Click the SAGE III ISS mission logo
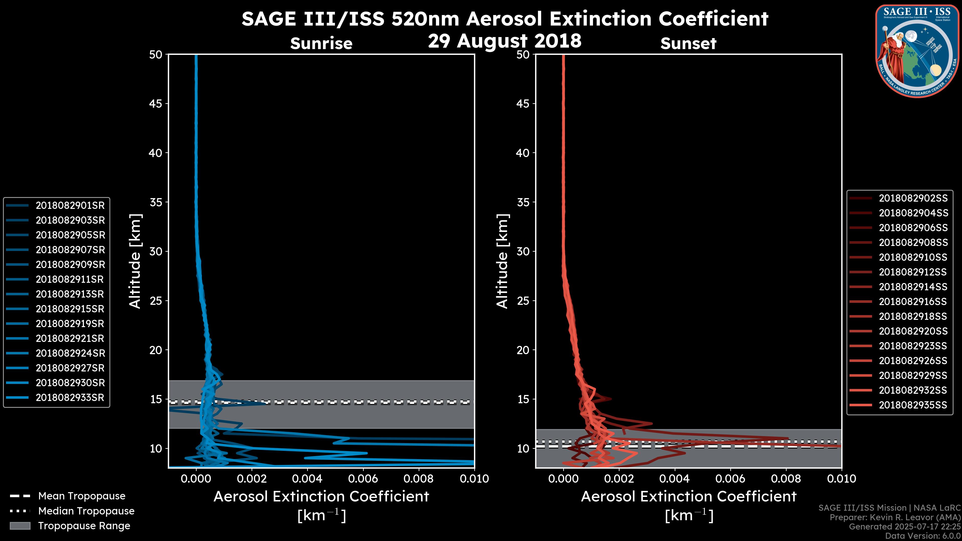click(x=917, y=51)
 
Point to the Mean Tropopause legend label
click(x=82, y=496)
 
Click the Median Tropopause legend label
click(x=86, y=511)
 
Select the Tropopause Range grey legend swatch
click(x=20, y=526)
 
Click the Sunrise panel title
click(x=321, y=43)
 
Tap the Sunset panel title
click(x=688, y=43)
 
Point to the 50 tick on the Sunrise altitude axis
click(x=156, y=55)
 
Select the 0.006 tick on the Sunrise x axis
click(x=363, y=479)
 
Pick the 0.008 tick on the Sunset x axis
click(x=786, y=479)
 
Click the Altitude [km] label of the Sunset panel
click(x=502, y=261)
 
